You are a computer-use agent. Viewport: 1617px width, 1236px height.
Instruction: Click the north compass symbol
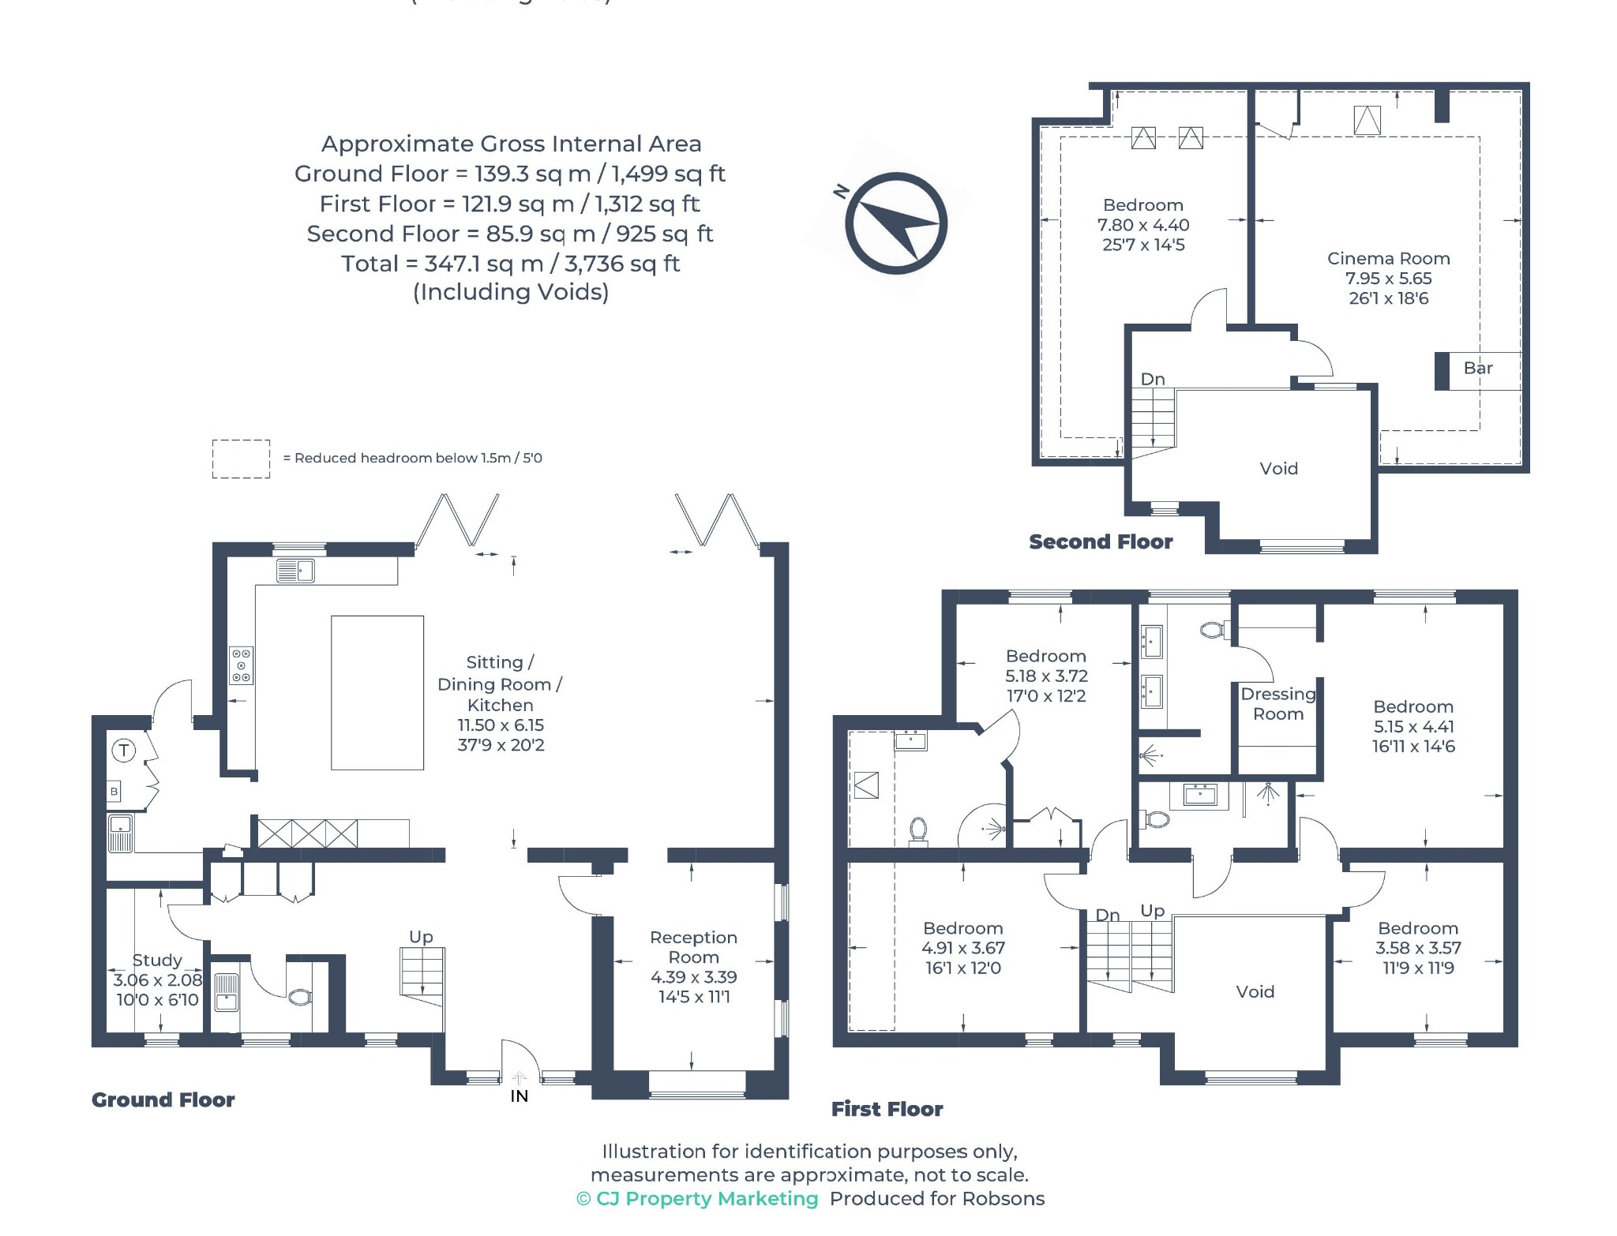[x=895, y=223]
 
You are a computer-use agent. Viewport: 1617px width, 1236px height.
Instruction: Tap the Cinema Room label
[x=1388, y=258]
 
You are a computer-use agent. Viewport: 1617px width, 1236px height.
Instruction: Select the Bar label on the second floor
[x=1478, y=368]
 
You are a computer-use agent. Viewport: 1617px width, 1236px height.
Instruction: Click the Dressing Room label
[x=1278, y=704]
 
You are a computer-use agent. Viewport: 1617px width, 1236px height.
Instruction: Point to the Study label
[x=157, y=960]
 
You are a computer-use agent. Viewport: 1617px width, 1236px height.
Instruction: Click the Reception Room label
[x=693, y=947]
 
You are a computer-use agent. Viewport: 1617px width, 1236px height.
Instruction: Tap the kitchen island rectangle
[x=377, y=692]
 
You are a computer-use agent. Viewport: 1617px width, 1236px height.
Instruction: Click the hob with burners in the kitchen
[x=242, y=665]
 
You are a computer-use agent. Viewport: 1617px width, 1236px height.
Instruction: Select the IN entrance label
[x=519, y=1096]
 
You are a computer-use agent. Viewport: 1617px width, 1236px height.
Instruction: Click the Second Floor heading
[x=1101, y=541]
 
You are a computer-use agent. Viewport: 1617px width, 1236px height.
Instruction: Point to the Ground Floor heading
[x=163, y=1099]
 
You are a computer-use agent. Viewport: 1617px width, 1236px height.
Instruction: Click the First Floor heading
[x=887, y=1109]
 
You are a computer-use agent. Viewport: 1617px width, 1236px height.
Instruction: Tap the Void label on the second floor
[x=1278, y=468]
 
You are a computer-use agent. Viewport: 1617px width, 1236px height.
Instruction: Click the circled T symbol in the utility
[x=124, y=750]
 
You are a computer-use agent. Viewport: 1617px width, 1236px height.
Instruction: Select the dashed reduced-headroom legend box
[x=241, y=459]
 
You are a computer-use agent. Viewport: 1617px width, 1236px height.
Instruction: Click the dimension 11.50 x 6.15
[x=501, y=725]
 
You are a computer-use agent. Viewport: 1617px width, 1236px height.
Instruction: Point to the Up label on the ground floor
[x=421, y=937]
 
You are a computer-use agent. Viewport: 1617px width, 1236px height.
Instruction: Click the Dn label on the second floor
[x=1153, y=379]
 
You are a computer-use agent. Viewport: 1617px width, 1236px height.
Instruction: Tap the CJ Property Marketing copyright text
[x=697, y=1198]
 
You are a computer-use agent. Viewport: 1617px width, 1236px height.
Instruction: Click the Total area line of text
[x=510, y=263]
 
